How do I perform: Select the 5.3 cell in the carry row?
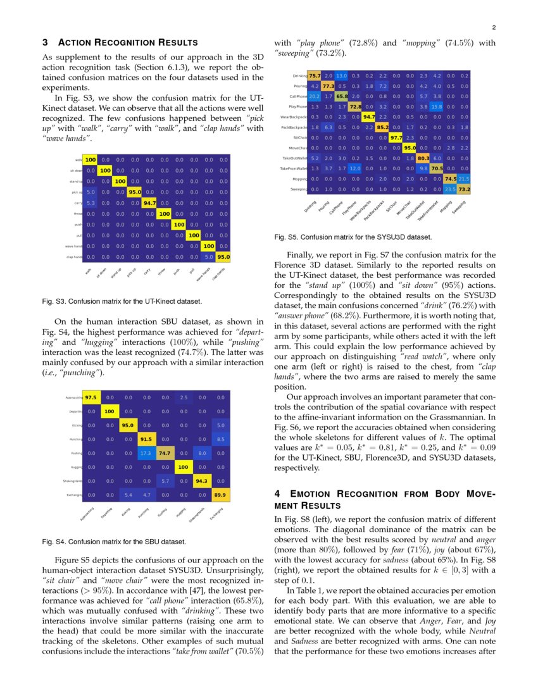91,203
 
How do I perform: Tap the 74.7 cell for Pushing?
165,453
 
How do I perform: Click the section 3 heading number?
45,42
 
